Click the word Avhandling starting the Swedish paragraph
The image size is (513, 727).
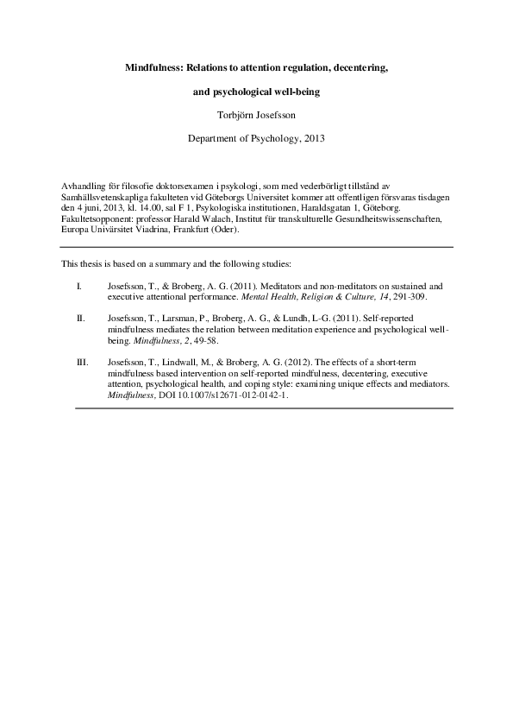[82, 186]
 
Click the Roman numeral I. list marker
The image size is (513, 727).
[79, 285]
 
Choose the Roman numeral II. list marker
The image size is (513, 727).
[80, 319]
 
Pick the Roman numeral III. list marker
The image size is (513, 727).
[82, 363]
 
